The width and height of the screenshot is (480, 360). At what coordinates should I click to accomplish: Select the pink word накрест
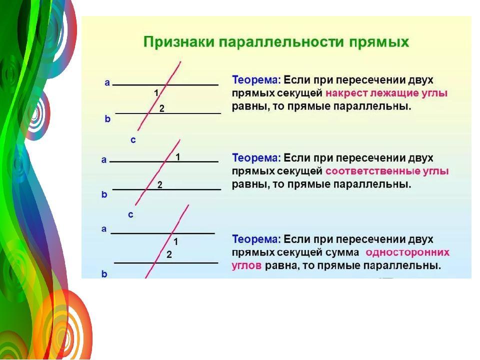click(346, 93)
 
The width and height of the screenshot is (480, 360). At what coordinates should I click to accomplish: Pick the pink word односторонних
click(407, 252)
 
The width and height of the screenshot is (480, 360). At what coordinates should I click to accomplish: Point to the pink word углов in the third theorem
click(246, 265)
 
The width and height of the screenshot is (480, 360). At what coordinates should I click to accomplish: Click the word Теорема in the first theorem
click(256, 80)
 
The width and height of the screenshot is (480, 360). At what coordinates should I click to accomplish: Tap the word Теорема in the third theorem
click(256, 239)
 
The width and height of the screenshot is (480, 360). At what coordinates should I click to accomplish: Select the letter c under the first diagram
click(133, 140)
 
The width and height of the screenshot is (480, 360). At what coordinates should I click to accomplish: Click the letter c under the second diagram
click(130, 215)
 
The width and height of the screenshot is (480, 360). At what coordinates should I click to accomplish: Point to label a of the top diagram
click(107, 82)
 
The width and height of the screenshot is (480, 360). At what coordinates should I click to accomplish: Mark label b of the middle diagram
click(104, 194)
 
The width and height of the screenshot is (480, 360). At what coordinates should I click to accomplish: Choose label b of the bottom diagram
click(104, 274)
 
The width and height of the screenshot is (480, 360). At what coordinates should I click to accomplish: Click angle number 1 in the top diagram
click(156, 93)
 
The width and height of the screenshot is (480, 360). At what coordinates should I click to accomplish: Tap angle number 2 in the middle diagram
click(160, 185)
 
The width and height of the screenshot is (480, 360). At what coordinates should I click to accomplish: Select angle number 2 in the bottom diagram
click(169, 254)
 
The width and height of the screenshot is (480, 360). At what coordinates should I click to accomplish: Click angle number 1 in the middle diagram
click(177, 157)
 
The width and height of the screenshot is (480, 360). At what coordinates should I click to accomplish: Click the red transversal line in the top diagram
click(159, 96)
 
